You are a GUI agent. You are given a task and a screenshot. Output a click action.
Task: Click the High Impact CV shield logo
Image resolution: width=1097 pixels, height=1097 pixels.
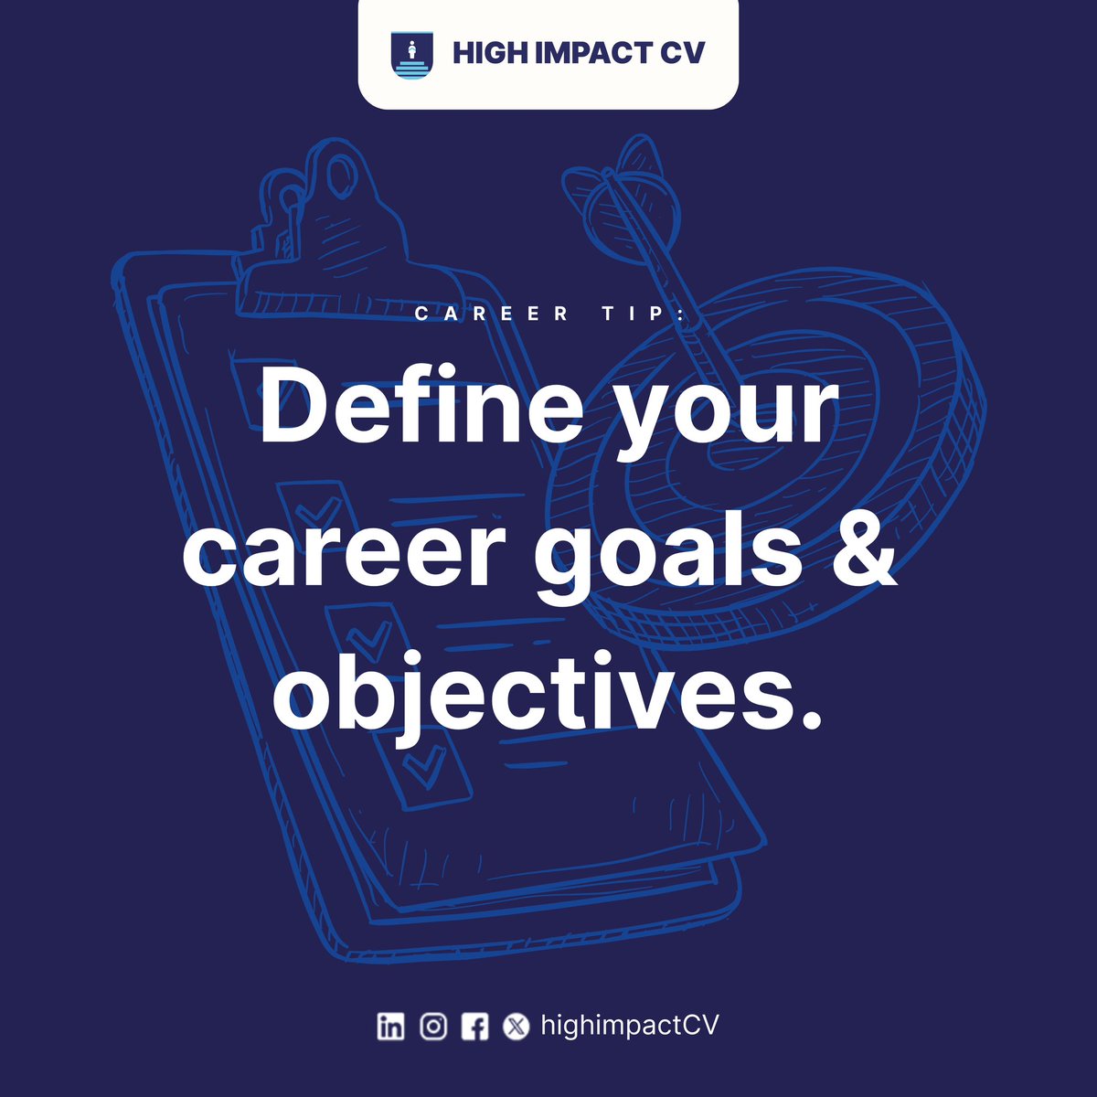[x=410, y=55]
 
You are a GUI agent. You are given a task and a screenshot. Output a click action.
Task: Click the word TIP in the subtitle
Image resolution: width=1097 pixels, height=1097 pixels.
[x=639, y=314]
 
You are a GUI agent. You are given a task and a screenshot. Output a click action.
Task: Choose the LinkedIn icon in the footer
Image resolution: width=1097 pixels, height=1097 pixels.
[x=390, y=1027]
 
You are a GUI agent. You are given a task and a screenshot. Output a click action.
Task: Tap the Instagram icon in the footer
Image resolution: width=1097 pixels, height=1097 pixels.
[x=432, y=1027]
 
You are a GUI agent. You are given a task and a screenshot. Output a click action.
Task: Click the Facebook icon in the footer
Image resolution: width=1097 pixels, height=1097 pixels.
[x=474, y=1027]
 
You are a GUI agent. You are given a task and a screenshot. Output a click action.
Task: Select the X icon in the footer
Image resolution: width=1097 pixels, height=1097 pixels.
[x=517, y=1027]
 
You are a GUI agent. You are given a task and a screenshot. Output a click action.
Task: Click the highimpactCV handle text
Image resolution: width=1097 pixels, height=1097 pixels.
[x=629, y=1026]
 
